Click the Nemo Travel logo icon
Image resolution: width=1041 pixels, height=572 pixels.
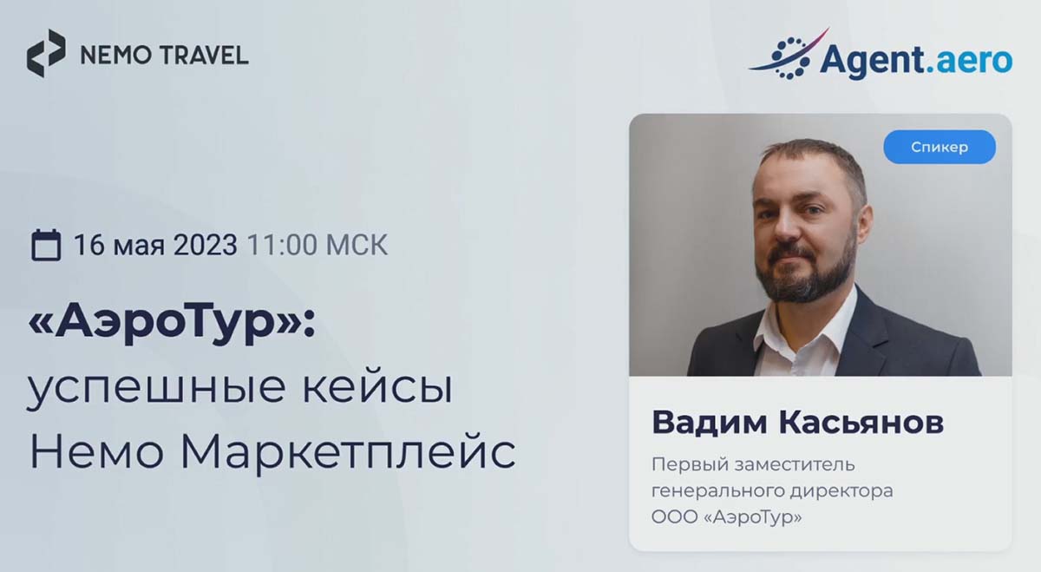click(x=45, y=53)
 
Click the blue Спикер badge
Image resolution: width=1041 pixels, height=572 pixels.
click(x=940, y=147)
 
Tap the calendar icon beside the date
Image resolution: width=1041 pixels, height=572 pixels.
click(x=45, y=245)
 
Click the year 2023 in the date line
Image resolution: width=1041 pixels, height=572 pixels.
click(x=205, y=245)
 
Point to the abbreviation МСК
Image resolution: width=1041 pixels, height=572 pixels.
click(x=357, y=245)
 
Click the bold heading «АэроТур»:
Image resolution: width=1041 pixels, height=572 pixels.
click(x=172, y=322)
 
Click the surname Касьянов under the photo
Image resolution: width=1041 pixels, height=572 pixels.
click(x=861, y=422)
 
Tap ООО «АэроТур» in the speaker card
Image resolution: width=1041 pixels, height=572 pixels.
click(x=726, y=516)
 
